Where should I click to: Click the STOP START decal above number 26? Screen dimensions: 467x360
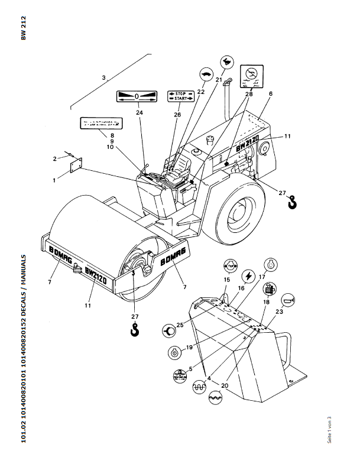pos(180,96)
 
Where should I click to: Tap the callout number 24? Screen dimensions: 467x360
pos(139,112)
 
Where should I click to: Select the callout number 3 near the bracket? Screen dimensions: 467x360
pos(104,77)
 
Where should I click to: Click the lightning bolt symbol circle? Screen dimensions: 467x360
pos(249,275)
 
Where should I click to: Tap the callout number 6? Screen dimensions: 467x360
pos(270,94)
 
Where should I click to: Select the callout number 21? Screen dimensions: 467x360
pos(219,80)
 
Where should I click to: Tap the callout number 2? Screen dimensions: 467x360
pos(54,158)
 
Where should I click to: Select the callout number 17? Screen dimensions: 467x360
pos(262,276)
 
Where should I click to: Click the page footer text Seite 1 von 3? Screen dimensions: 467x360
pos(329,430)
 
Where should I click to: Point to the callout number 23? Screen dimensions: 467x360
pos(279,311)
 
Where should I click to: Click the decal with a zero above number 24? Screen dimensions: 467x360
pos(137,96)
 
